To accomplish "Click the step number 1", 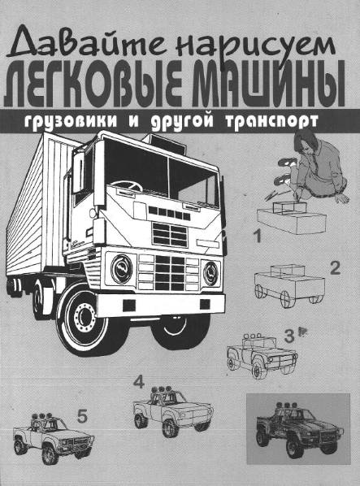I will click(257, 239).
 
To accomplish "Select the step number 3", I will click(288, 334).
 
